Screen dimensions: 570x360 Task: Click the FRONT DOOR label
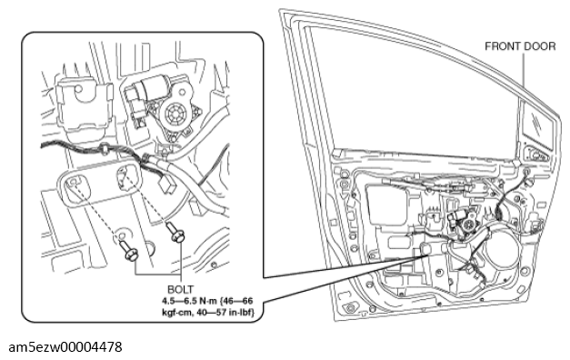click(x=520, y=46)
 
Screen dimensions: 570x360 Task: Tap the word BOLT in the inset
click(x=180, y=289)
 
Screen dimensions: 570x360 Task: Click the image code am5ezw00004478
click(x=65, y=347)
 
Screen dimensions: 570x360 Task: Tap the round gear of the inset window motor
click(x=175, y=115)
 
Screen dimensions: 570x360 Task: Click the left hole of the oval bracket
click(x=75, y=183)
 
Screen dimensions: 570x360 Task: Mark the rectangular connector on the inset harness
click(x=166, y=185)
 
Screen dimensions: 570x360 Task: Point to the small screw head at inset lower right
click(x=215, y=265)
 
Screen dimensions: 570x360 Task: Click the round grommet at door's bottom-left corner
click(x=350, y=308)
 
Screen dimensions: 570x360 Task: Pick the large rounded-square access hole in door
click(x=386, y=205)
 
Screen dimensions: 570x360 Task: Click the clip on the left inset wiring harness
click(x=105, y=149)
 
